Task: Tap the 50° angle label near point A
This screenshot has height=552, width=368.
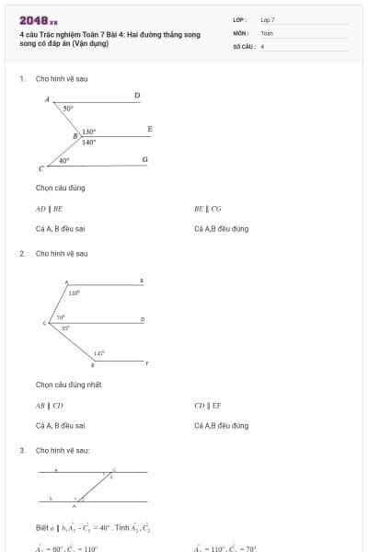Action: (68, 109)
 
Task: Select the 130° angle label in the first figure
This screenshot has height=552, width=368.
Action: (88, 132)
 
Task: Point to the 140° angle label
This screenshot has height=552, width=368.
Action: (88, 143)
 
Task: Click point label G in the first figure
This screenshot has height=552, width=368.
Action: (144, 160)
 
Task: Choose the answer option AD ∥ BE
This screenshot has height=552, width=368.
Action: (49, 209)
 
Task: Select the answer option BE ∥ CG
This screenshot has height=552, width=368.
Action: (207, 209)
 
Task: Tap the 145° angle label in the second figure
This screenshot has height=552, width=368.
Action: (99, 352)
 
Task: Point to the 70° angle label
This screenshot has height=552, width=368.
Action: (61, 317)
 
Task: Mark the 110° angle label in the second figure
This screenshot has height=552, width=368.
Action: (75, 293)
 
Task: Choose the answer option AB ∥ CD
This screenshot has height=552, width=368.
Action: (49, 405)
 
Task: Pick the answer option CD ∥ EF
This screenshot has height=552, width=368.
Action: (207, 405)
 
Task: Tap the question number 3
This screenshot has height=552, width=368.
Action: (22, 451)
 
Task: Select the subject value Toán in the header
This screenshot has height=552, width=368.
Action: (267, 32)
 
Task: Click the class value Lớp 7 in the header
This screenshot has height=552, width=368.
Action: (267, 19)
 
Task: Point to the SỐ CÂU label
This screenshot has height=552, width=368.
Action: (243, 45)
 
